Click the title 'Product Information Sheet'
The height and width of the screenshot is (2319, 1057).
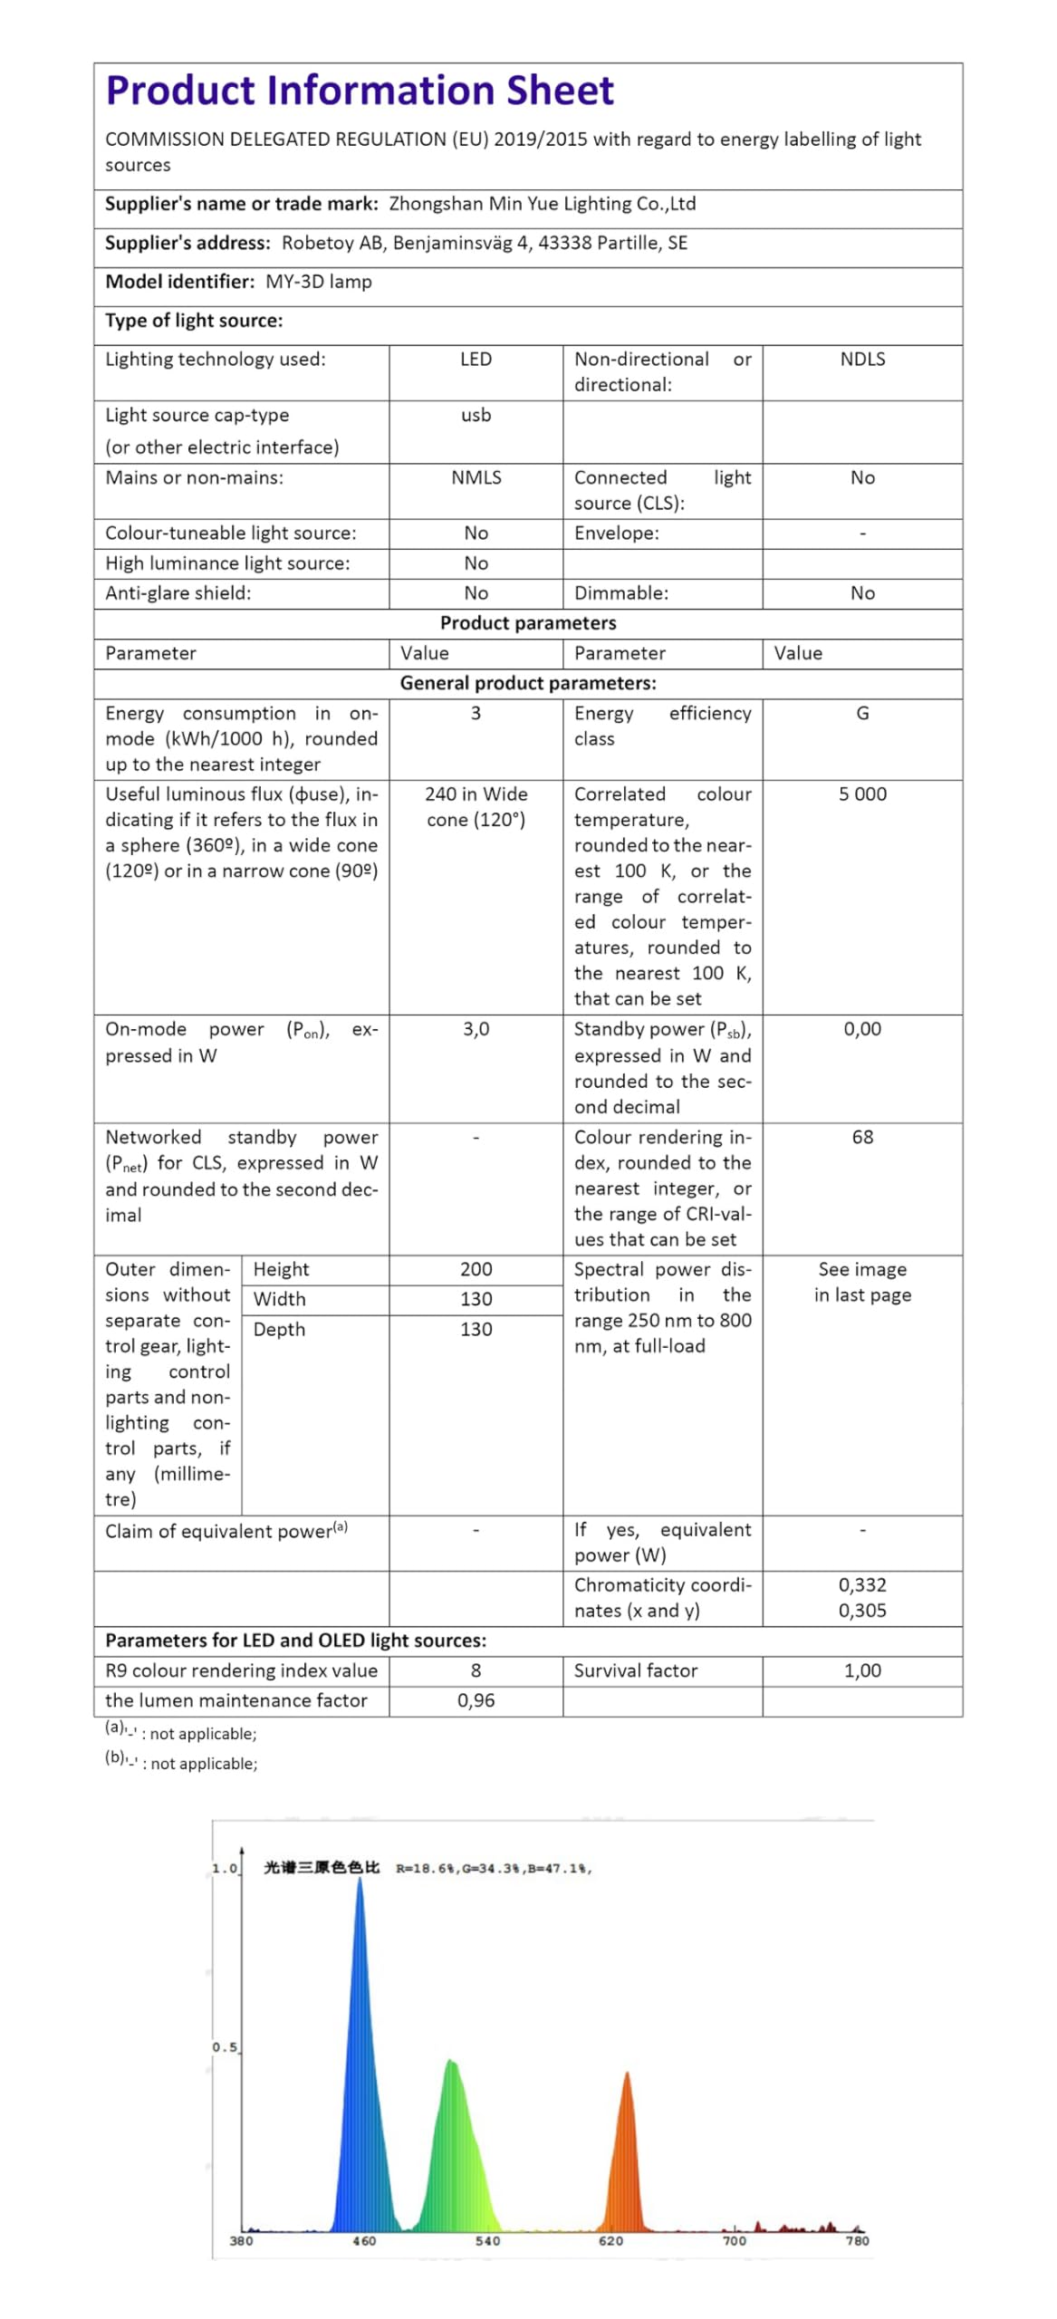(360, 91)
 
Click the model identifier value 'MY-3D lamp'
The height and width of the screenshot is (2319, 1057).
(318, 282)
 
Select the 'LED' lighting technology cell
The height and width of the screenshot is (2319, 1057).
(476, 360)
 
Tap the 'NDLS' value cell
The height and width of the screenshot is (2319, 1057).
(861, 360)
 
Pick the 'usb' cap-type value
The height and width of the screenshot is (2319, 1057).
(476, 415)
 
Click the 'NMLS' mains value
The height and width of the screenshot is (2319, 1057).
(476, 477)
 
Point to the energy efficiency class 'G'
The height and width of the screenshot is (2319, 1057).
(861, 714)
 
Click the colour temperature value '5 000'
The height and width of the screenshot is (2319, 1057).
(861, 794)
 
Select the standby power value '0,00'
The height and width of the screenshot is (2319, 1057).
(861, 1029)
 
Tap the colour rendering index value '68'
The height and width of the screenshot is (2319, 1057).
(861, 1137)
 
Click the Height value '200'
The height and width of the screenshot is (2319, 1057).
(476, 1269)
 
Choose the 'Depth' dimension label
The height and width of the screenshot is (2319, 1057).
(279, 1329)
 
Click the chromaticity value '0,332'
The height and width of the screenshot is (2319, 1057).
(861, 1584)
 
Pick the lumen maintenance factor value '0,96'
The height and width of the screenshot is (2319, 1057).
(476, 1700)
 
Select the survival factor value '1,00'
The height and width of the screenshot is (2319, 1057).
(861, 1670)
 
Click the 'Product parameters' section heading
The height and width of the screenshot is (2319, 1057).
(527, 623)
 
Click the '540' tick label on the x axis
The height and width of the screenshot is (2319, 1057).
(487, 2241)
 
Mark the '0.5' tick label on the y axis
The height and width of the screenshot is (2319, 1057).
(225, 2047)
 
